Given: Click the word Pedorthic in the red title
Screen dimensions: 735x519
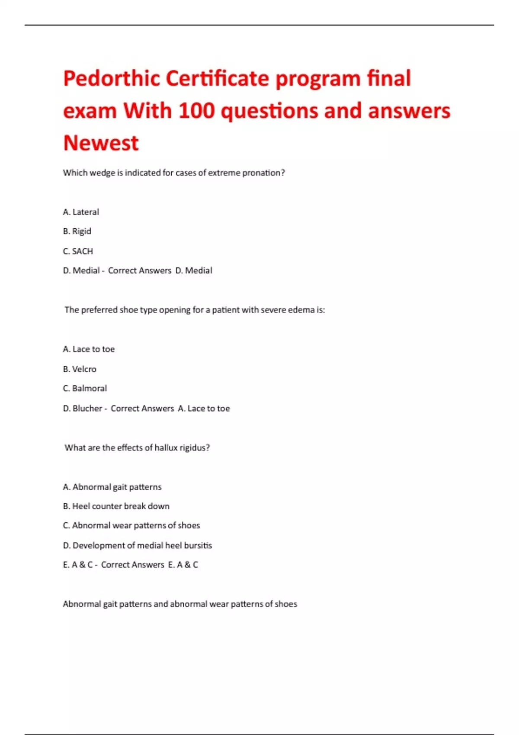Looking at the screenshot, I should [112, 79].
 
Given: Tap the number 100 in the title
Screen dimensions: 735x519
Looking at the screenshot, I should [196, 111].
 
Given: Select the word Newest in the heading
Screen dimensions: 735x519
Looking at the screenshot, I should [101, 143].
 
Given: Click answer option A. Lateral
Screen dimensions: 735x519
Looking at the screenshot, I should [81, 212].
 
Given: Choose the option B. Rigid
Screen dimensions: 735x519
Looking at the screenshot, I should [77, 231].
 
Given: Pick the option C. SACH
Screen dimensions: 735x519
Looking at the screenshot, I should [78, 251].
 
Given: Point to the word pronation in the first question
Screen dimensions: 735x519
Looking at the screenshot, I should [263, 173].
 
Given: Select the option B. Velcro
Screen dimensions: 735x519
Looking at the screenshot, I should [80, 369].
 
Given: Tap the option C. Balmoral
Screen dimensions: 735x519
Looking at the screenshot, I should [85, 388].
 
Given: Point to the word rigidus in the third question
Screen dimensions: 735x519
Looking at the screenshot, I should [195, 448].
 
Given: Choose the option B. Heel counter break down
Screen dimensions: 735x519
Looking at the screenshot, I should [116, 506].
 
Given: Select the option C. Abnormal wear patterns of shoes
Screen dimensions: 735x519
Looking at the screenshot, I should [131, 525].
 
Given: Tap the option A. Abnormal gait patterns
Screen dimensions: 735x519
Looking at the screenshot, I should [112, 487].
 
